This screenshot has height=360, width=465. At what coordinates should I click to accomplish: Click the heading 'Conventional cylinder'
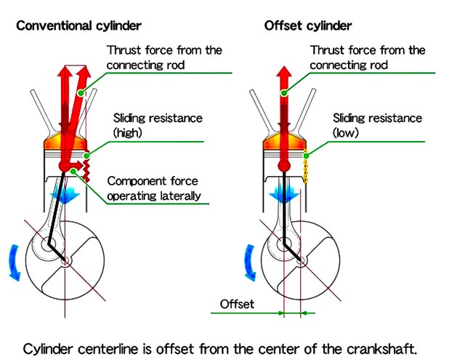point(78,26)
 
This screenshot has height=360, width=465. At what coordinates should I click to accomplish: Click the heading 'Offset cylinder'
point(307,26)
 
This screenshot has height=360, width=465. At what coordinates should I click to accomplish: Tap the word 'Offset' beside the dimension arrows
point(237,304)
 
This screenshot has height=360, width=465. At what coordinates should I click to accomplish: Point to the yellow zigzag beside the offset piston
point(307,167)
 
